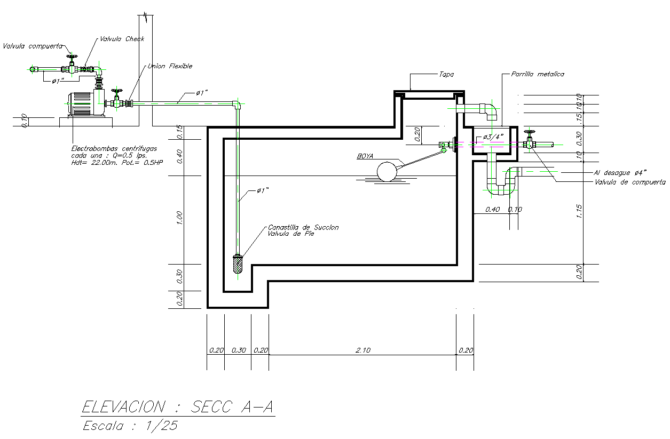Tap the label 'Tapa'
(x=446, y=75)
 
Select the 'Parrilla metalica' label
(x=537, y=75)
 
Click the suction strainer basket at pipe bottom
(x=238, y=264)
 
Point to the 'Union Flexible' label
(x=169, y=67)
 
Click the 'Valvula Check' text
(x=122, y=39)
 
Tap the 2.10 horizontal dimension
(x=363, y=350)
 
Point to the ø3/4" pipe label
(x=493, y=137)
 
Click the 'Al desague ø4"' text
(x=620, y=172)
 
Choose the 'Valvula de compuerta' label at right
(x=630, y=182)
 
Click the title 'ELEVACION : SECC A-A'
(x=178, y=408)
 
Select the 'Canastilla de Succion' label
(x=303, y=227)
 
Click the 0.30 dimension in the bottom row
(x=238, y=350)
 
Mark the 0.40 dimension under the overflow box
(x=492, y=210)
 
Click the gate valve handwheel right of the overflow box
(x=529, y=132)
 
